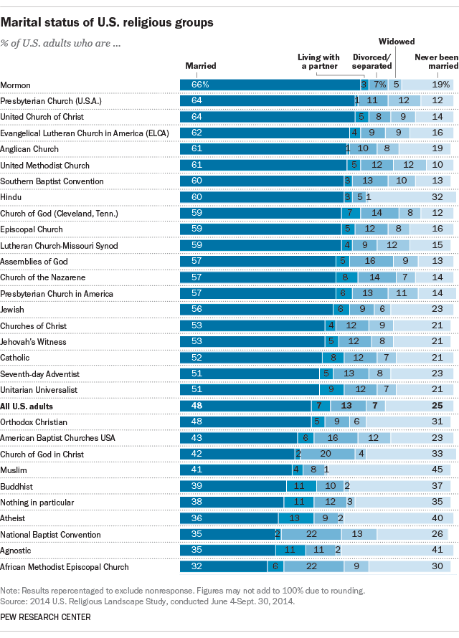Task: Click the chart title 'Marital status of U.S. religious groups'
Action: pyautogui.click(x=107, y=22)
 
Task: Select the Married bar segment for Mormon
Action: pyautogui.click(x=269, y=84)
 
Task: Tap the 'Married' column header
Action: pyautogui.click(x=201, y=66)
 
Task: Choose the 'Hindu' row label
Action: pyautogui.click(x=11, y=197)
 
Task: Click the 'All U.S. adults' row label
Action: pyautogui.click(x=27, y=406)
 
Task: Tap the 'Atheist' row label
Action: pyautogui.click(x=14, y=518)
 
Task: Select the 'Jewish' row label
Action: pyautogui.click(x=13, y=310)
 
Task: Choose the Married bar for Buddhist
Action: pyautogui.click(x=232, y=486)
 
